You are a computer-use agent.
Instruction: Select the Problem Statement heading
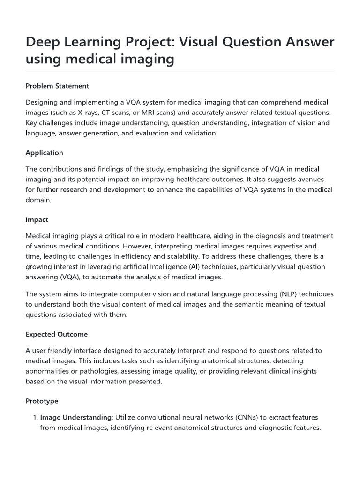point(57,86)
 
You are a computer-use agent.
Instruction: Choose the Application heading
point(44,153)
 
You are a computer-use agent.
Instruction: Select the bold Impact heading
point(37,219)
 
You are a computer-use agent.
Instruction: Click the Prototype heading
point(42,402)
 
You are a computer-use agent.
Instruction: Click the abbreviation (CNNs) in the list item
point(249,417)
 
